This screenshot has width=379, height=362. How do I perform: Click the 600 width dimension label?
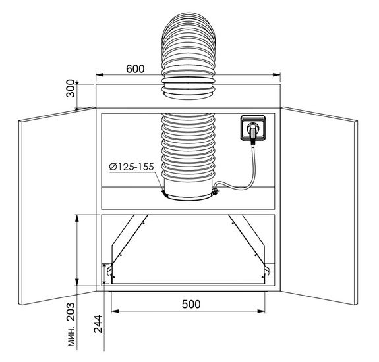[x=135, y=68]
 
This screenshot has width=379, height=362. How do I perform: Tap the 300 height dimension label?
[x=71, y=88]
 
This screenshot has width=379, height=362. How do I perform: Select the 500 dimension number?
[x=191, y=304]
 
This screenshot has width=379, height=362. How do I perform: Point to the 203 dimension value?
[x=71, y=312]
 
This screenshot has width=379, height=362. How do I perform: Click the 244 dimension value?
[x=98, y=324]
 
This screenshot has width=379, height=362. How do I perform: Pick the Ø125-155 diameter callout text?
[x=131, y=167]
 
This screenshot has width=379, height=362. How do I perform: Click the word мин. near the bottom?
[x=72, y=337]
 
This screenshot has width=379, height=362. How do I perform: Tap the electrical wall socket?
[x=253, y=128]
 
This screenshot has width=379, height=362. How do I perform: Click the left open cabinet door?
[x=57, y=206]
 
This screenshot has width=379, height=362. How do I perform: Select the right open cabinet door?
[x=319, y=206]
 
